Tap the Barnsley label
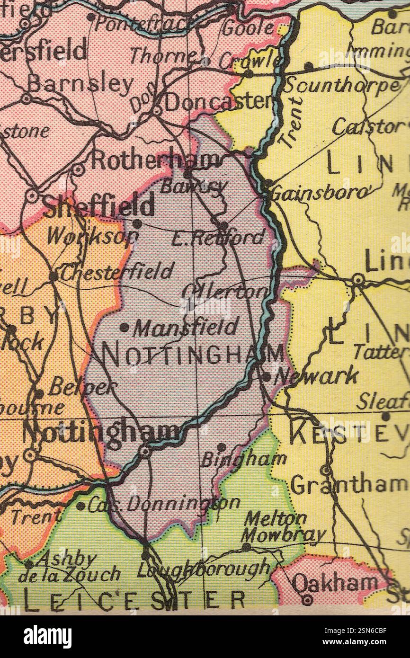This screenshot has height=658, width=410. tap(80, 84)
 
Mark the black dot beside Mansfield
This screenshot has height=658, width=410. tap(124, 327)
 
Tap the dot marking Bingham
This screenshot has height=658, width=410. tap(221, 446)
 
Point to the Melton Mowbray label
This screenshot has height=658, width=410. tap(283, 526)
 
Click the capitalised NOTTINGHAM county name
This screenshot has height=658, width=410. tap(193, 355)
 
